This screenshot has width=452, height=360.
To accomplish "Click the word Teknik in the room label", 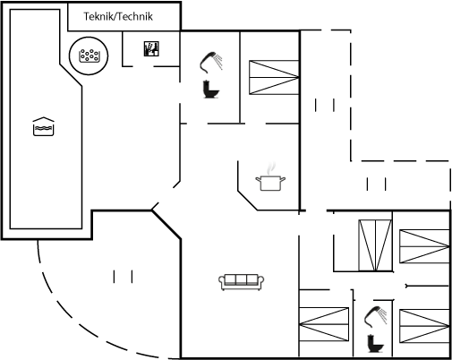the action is click(98, 16).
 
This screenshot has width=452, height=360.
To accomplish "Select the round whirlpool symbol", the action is click(89, 56).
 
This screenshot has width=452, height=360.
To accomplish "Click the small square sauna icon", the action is click(151, 48).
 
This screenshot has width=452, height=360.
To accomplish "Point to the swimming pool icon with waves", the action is click(43, 126).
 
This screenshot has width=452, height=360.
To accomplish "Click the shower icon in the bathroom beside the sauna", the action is click(211, 63).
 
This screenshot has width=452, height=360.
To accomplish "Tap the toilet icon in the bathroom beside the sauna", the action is click(210, 89).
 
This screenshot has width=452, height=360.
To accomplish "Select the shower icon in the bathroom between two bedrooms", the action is click(375, 316).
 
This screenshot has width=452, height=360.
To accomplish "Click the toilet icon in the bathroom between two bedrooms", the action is click(376, 344).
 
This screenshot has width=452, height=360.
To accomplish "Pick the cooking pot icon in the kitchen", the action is click(270, 183).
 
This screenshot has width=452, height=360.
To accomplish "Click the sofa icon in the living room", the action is click(241, 282).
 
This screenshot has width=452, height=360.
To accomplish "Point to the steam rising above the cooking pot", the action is click(271, 168).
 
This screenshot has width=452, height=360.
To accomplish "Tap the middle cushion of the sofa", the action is click(241, 279).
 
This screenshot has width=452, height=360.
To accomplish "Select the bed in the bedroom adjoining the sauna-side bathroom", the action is click(274, 77).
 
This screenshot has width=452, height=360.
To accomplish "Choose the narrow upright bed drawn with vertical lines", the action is click(375, 245).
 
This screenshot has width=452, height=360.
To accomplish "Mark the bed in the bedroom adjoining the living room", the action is click(324, 324).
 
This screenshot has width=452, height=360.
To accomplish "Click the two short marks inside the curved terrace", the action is click(123, 277).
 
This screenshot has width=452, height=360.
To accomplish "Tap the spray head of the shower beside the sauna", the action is click(212, 55).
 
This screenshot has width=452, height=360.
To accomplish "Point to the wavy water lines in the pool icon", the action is click(43, 129).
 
